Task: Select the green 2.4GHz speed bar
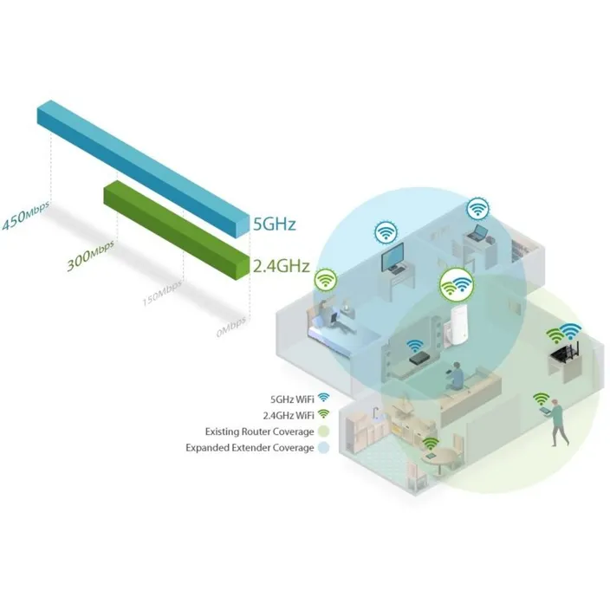(x=176, y=229)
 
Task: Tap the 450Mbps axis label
(x=26, y=216)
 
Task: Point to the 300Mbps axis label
(x=90, y=256)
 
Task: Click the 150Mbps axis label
(x=162, y=293)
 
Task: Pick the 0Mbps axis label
(x=231, y=327)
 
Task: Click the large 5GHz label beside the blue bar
(x=275, y=224)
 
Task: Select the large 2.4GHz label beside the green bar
(x=282, y=266)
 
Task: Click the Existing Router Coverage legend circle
(x=323, y=432)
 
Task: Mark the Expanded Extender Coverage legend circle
(x=323, y=448)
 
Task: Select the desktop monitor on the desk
(x=393, y=256)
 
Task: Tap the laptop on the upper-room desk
(x=477, y=232)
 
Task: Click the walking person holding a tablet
(x=556, y=423)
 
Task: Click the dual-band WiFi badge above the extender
(x=457, y=285)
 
